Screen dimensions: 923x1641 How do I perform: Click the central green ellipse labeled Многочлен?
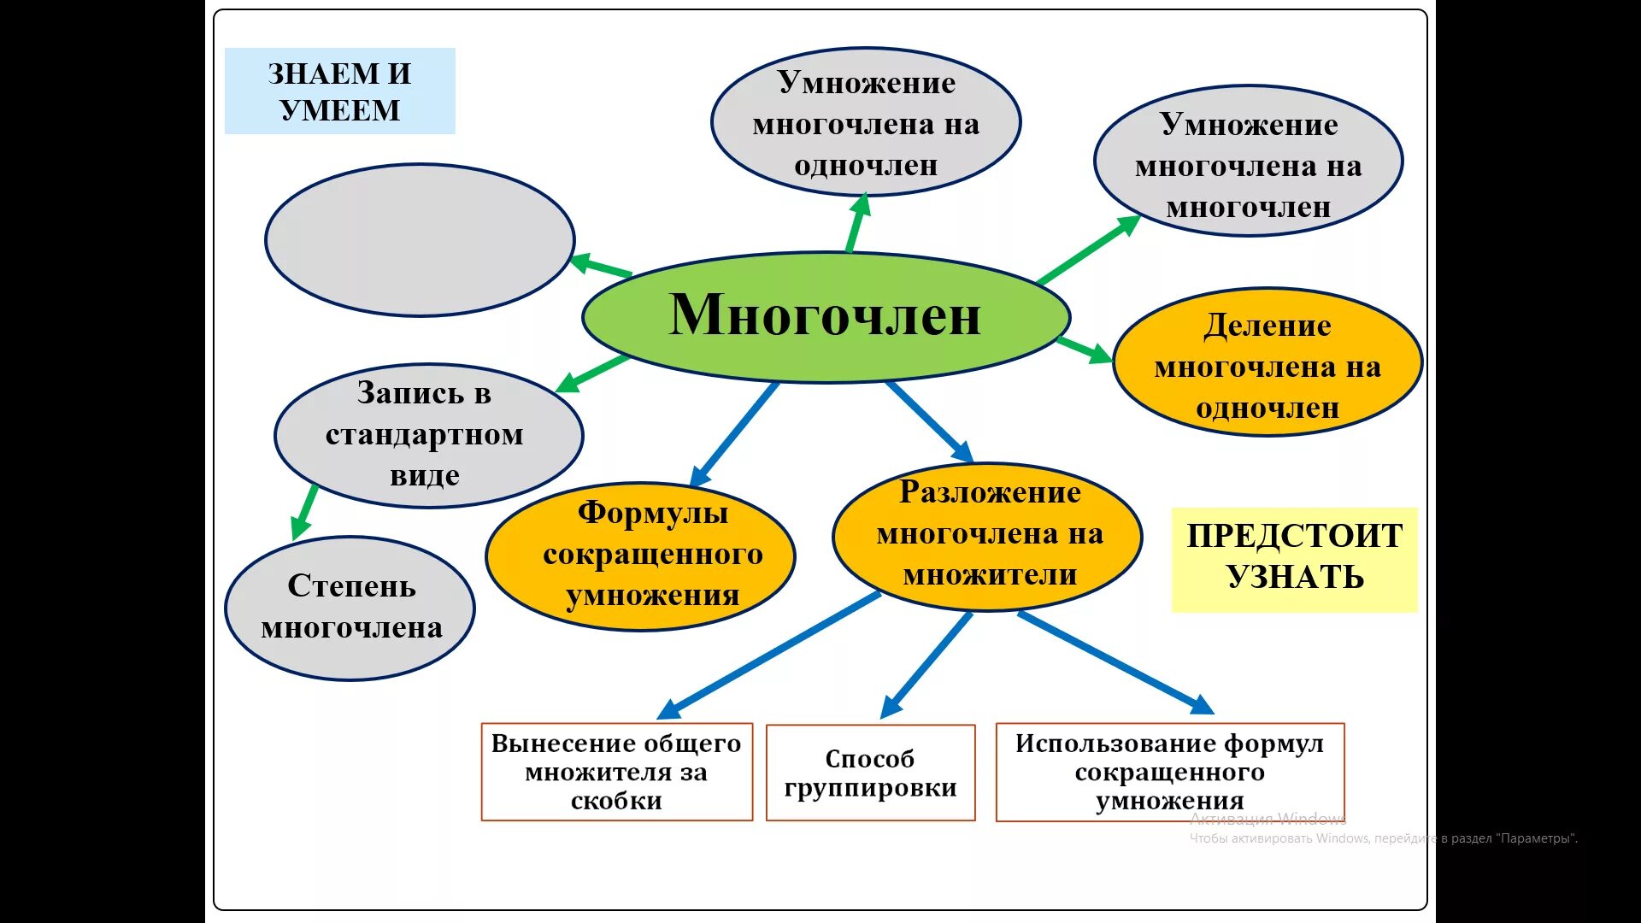coord(826,316)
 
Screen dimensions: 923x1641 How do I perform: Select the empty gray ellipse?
coord(420,240)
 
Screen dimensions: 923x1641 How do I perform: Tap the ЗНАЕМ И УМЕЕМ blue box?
coord(339,91)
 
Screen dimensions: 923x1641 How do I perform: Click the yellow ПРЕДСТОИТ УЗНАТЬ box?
coord(1294,559)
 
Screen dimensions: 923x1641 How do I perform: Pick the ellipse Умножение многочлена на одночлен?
coord(866,122)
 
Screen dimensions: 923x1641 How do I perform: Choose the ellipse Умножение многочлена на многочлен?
coord(1248,162)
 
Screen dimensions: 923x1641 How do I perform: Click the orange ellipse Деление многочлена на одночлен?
coord(1267,364)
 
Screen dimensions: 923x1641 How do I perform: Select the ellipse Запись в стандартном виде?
coord(428,435)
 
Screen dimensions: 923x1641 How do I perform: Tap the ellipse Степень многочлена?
coord(350,608)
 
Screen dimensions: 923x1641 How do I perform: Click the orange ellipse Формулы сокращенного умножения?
coord(640,556)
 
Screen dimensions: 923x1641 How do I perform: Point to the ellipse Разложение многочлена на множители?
coord(987,537)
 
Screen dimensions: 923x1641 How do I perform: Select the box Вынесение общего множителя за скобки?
coord(616,772)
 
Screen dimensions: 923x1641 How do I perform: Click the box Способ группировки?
coord(870,773)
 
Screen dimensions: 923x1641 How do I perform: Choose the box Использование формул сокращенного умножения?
coord(1169,772)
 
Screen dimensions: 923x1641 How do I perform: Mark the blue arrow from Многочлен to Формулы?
coord(735,433)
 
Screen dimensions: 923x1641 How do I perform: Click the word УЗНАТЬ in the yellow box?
coord(1295,578)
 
